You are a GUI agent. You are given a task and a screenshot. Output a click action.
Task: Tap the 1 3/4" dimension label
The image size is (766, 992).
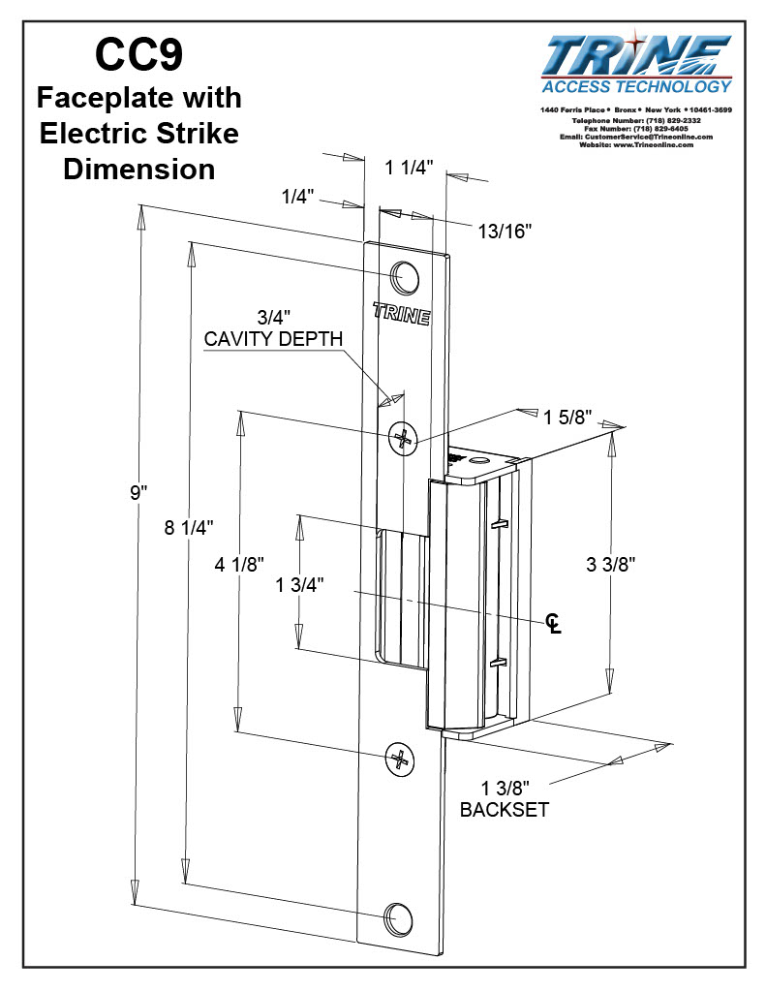click(299, 584)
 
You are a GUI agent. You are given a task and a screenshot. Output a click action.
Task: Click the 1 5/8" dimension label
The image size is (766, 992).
click(567, 418)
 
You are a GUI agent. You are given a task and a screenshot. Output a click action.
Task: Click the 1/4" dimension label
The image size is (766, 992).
click(298, 197)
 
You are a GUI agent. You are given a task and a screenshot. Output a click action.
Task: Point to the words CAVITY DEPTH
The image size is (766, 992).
click(273, 339)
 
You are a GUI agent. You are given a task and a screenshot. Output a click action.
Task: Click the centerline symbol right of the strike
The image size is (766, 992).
click(553, 623)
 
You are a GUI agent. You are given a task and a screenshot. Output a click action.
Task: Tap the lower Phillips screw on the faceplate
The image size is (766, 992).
click(399, 759)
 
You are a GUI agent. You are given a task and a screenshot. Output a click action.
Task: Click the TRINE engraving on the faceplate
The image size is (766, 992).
click(401, 315)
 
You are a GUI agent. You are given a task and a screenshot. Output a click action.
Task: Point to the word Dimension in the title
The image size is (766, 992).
click(139, 169)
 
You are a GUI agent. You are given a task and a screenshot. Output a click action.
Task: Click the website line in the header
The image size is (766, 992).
click(635, 145)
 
